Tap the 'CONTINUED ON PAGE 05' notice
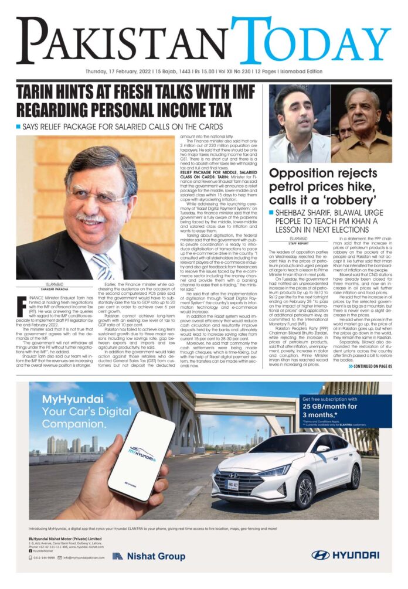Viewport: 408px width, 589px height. (x=369, y=366)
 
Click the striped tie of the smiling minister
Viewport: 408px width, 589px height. (x=103, y=264)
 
